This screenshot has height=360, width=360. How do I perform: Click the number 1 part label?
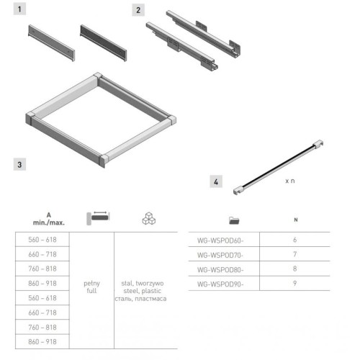(x=19, y=9)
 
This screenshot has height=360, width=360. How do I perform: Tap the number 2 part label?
(x=138, y=10)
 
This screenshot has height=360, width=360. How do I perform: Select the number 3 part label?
(x=19, y=164)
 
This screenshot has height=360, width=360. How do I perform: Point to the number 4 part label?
(x=216, y=181)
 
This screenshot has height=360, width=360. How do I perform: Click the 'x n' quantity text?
(x=290, y=181)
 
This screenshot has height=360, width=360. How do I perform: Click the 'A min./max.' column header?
(x=49, y=219)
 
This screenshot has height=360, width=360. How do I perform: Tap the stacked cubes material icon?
(x=149, y=218)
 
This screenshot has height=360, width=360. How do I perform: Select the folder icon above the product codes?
(x=234, y=220)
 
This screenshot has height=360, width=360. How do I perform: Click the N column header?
(x=296, y=220)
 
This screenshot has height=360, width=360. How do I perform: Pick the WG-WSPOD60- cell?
(x=220, y=240)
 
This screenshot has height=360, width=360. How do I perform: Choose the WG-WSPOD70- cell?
(x=220, y=255)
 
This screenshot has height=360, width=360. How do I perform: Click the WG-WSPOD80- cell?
(x=220, y=270)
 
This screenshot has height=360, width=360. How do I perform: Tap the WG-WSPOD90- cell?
(x=220, y=284)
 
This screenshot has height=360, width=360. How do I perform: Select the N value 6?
(x=295, y=240)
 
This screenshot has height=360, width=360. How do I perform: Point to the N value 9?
(x=295, y=284)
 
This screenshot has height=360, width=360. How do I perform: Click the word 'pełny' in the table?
(x=91, y=284)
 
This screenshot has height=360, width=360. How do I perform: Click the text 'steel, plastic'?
(x=143, y=291)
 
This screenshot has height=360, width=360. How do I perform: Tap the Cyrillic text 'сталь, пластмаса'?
(x=140, y=299)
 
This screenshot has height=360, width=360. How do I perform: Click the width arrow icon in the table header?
(x=98, y=218)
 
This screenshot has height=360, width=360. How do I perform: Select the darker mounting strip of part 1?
(x=104, y=43)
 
